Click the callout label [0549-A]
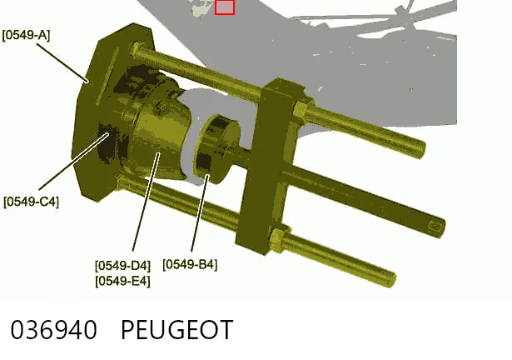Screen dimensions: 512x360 tap(26, 35)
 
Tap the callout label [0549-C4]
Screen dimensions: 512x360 tap(32, 202)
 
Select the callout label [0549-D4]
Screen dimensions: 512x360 tap(122, 266)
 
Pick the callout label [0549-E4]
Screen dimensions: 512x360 tap(122, 281)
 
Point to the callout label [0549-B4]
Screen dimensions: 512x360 tap(190, 264)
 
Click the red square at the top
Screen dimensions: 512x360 tap(225, 7)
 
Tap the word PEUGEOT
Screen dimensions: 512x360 tap(177, 330)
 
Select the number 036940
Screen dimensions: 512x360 tap(54, 330)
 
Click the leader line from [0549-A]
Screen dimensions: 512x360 tap(62, 62)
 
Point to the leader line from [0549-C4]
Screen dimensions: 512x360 tap(74, 162)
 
